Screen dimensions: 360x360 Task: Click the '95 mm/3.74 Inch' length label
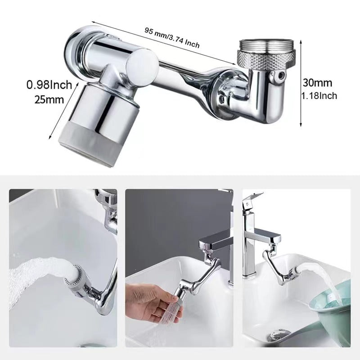coord(172,38)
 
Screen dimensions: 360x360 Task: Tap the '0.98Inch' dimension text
coord(49,85)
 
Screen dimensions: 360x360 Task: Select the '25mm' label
coord(49,99)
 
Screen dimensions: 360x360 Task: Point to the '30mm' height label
coord(318,83)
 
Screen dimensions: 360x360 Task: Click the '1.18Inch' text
coord(319,96)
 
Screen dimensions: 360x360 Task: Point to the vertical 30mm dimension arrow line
coord(301,83)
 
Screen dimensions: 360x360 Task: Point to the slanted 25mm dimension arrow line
coord(63,111)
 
